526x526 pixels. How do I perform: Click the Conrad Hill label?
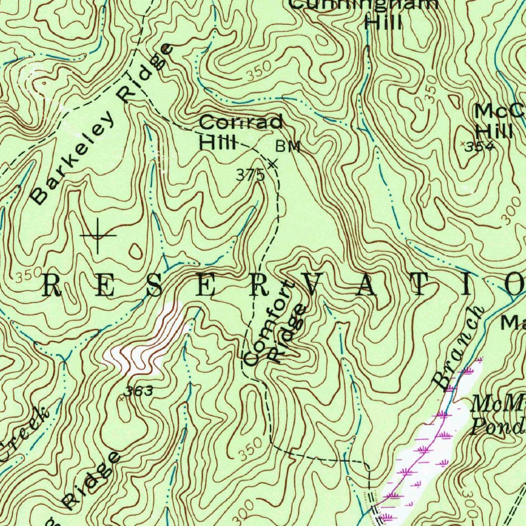pos(240,131)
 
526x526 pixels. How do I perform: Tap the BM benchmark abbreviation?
pos(288,147)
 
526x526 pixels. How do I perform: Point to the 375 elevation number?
pos(250,175)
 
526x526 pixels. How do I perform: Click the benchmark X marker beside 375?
pos(273,163)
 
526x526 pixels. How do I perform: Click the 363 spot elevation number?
pos(139,391)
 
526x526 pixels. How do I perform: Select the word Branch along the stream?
pos(458,347)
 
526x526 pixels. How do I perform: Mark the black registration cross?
pos(98,235)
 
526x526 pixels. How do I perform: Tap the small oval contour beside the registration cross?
pos(136,251)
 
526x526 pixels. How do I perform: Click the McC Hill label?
pos(498,120)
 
